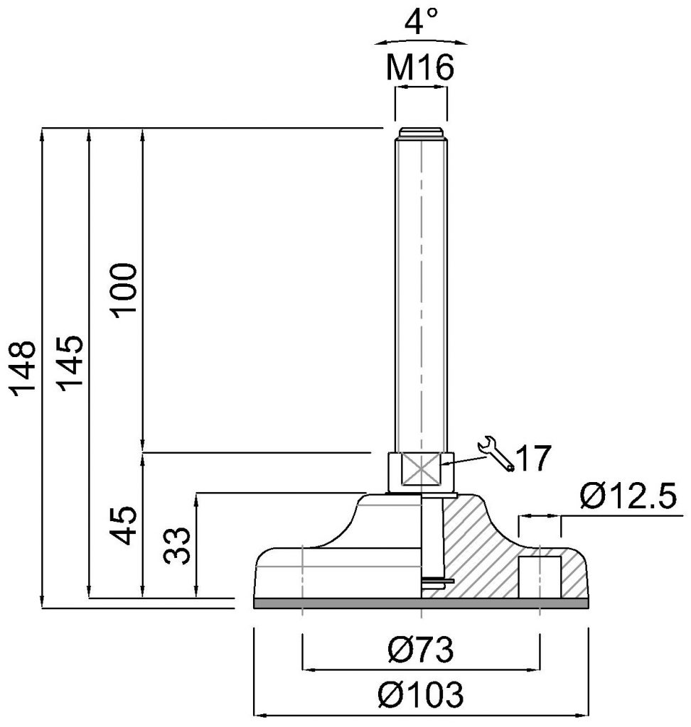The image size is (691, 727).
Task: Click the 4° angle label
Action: pos(421,22)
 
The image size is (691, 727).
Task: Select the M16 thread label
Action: pos(420,67)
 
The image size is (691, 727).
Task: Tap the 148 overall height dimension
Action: pos(23,368)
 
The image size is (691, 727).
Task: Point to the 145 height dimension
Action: pos(70,363)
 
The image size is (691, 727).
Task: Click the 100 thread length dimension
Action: pos(124,290)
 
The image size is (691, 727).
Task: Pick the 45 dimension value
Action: pos(124,525)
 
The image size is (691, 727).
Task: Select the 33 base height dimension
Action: pos(177,545)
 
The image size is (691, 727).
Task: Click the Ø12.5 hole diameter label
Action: pos(628,496)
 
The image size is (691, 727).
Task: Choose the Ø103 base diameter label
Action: pos(421,694)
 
